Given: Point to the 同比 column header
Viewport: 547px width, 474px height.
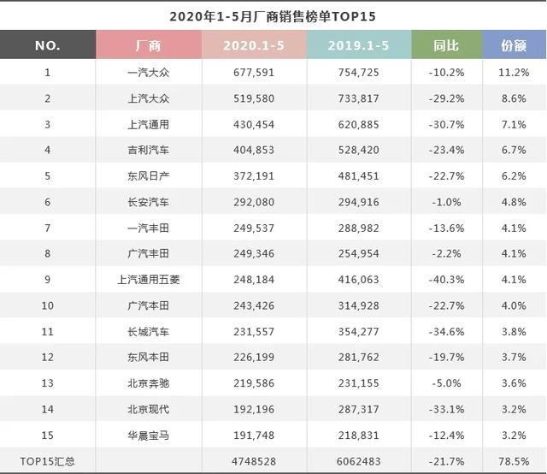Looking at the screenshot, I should pos(445,45).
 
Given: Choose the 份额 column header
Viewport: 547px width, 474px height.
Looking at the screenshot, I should pos(513,45).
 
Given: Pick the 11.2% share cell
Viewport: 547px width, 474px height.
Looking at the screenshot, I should pos(513,72).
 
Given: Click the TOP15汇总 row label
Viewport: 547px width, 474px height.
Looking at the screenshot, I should pos(47,461).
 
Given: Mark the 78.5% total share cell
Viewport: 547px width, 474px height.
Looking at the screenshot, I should pos(513,461).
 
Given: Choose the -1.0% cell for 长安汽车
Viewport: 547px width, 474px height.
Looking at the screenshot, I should pos(445,202).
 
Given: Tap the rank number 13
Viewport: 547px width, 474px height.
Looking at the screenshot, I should pos(47,383).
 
